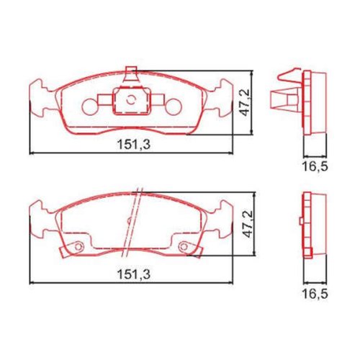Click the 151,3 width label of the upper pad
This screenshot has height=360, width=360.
[x=134, y=145]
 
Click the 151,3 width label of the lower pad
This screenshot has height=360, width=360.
[x=134, y=274]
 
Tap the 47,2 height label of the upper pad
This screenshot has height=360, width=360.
[x=245, y=102]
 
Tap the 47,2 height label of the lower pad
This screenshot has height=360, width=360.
[x=248, y=224]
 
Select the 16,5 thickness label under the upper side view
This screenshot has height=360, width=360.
[x=315, y=166]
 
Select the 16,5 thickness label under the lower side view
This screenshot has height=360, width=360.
[x=315, y=294]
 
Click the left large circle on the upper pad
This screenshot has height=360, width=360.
[x=90, y=107]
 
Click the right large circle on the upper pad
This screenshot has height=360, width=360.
[x=174, y=107]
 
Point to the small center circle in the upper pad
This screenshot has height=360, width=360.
[x=131, y=99]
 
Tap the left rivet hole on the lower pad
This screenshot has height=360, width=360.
[x=78, y=246]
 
